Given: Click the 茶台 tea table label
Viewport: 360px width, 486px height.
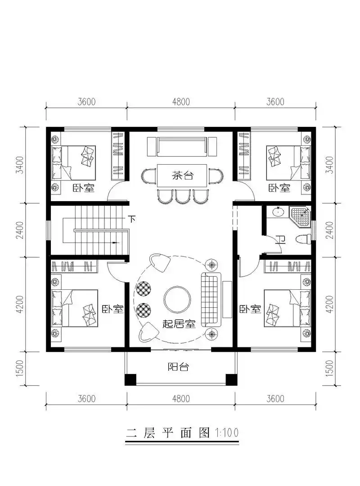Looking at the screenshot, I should pyautogui.click(x=182, y=175).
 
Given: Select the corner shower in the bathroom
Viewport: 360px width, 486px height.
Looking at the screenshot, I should pyautogui.click(x=300, y=215).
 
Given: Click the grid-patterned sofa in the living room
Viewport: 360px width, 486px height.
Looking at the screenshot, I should pyautogui.click(x=210, y=299).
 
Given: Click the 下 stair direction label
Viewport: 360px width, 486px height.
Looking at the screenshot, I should pyautogui.click(x=131, y=220).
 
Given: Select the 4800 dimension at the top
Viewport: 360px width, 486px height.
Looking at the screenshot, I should pyautogui.click(x=180, y=102).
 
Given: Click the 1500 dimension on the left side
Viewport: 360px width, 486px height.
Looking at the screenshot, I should pyautogui.click(x=19, y=368).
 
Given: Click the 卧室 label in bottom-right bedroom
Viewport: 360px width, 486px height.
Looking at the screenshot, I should pyautogui.click(x=251, y=309).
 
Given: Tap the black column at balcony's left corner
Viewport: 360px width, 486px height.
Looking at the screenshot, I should pyautogui.click(x=130, y=379).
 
